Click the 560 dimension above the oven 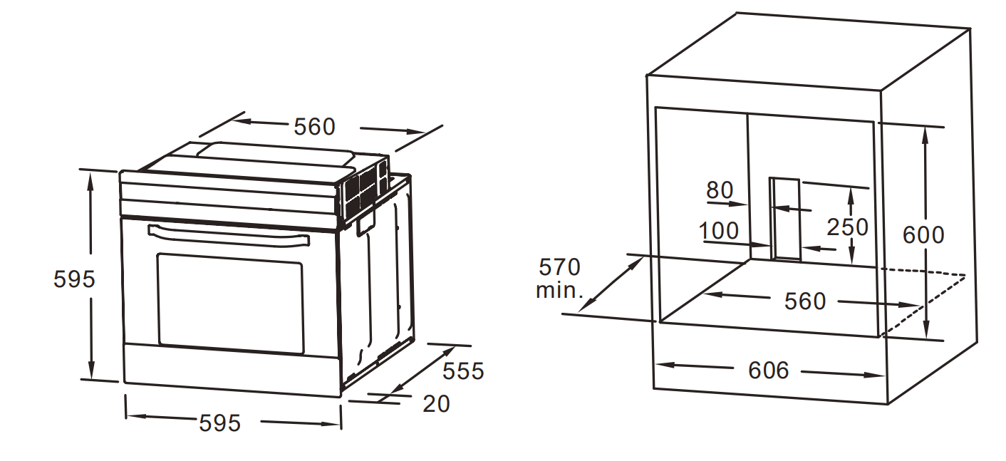[x=314, y=127]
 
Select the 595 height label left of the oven [x=74, y=279]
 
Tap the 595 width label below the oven [x=219, y=423]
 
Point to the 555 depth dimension [x=463, y=371]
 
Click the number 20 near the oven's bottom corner [x=436, y=403]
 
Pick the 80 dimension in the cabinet [x=720, y=190]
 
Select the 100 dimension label [x=719, y=231]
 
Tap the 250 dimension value [x=847, y=227]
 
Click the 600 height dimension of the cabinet [x=923, y=235]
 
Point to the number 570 [x=559, y=267]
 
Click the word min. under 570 [x=559, y=291]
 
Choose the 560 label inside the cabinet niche [x=805, y=301]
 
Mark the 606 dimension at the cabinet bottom [x=769, y=371]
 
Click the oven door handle [x=228, y=235]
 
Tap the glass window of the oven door [x=230, y=304]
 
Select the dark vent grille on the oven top [x=364, y=191]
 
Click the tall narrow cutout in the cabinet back [x=785, y=219]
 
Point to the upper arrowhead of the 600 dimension [x=926, y=135]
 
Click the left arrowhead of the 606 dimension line [x=665, y=365]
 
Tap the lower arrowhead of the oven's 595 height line [x=91, y=371]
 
